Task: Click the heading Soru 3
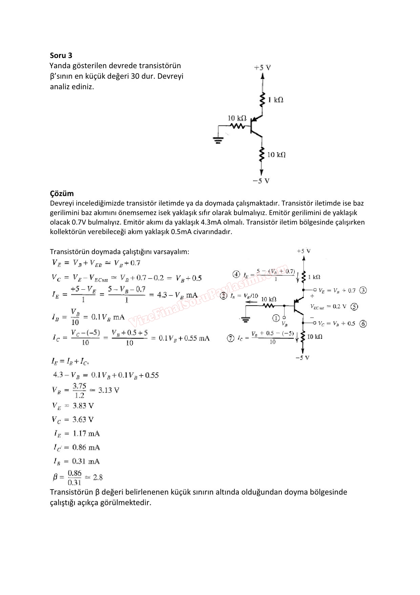point(61,55)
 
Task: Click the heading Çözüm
point(62,193)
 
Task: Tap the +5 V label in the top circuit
point(262,68)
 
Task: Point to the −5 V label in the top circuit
point(261,181)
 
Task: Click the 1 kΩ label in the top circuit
point(275,100)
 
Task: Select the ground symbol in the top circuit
point(218,140)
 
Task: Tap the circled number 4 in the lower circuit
point(236,274)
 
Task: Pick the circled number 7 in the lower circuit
point(231,338)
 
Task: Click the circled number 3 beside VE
point(363,290)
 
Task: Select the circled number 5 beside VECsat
point(354,307)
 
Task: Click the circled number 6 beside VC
point(363,324)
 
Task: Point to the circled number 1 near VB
point(276,318)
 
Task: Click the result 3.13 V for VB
point(109,390)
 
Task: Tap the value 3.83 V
point(83,406)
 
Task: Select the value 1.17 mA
point(86,434)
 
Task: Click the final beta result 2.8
point(98,477)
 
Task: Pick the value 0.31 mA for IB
point(86,461)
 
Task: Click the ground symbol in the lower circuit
point(245,320)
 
